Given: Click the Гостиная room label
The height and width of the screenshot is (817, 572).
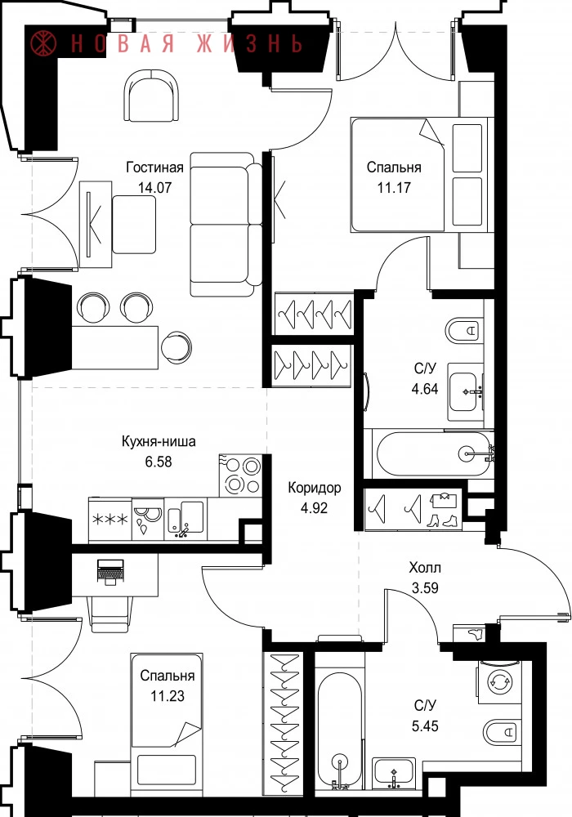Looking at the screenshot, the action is (x=154, y=167).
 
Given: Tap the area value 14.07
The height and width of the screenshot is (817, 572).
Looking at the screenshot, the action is (x=154, y=187).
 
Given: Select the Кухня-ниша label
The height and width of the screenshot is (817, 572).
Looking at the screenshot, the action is (x=159, y=441).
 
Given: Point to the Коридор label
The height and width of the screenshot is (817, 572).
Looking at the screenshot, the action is (x=315, y=488).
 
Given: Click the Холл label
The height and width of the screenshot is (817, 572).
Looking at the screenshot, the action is (x=425, y=568).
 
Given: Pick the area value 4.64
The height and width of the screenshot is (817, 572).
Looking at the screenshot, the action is (x=425, y=389).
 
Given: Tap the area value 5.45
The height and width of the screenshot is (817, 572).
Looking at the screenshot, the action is (x=425, y=725).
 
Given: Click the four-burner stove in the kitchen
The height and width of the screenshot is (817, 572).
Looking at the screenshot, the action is (x=241, y=475).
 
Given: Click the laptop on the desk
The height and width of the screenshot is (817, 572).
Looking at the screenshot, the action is (x=110, y=571).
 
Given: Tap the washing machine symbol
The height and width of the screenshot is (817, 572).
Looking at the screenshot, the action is (x=499, y=681).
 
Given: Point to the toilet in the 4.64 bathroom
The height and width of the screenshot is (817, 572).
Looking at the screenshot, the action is (x=463, y=330).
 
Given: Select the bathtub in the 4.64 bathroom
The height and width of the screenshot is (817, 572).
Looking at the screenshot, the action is (x=433, y=453).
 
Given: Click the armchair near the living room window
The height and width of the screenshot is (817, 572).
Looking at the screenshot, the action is (x=152, y=96).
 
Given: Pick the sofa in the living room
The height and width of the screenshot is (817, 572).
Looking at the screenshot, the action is (x=226, y=224).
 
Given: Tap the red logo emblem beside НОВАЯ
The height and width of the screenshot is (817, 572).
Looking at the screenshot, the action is (x=44, y=43).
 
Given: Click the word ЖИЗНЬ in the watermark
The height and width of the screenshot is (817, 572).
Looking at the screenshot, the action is (x=249, y=44).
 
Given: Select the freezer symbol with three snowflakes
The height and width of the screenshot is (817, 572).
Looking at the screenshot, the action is (x=110, y=520).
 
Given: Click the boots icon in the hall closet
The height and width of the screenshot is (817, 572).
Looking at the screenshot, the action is (x=442, y=520).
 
